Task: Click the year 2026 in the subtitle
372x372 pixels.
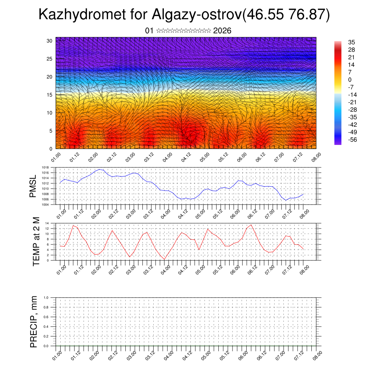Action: (x=222, y=31)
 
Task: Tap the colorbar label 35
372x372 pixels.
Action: (x=351, y=43)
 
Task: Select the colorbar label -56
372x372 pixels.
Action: (x=353, y=140)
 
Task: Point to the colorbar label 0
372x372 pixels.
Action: (x=350, y=80)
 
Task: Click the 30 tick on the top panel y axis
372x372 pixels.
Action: (x=49, y=41)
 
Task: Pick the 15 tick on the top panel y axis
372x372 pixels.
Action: (x=49, y=95)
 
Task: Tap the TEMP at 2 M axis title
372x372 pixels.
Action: (x=36, y=241)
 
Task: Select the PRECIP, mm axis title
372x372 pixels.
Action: (x=34, y=322)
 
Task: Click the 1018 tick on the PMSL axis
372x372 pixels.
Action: (x=45, y=167)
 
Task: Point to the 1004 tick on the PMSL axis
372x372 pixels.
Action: (x=45, y=205)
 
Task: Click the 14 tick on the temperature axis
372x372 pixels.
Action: (x=47, y=223)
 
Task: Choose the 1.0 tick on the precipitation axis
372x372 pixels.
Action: (x=46, y=297)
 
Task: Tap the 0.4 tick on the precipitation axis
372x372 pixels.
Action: (x=46, y=327)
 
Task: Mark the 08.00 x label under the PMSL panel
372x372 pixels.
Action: (x=305, y=213)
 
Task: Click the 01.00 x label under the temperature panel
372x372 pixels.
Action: (x=62, y=269)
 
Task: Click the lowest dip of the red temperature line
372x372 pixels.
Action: (x=165, y=259)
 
